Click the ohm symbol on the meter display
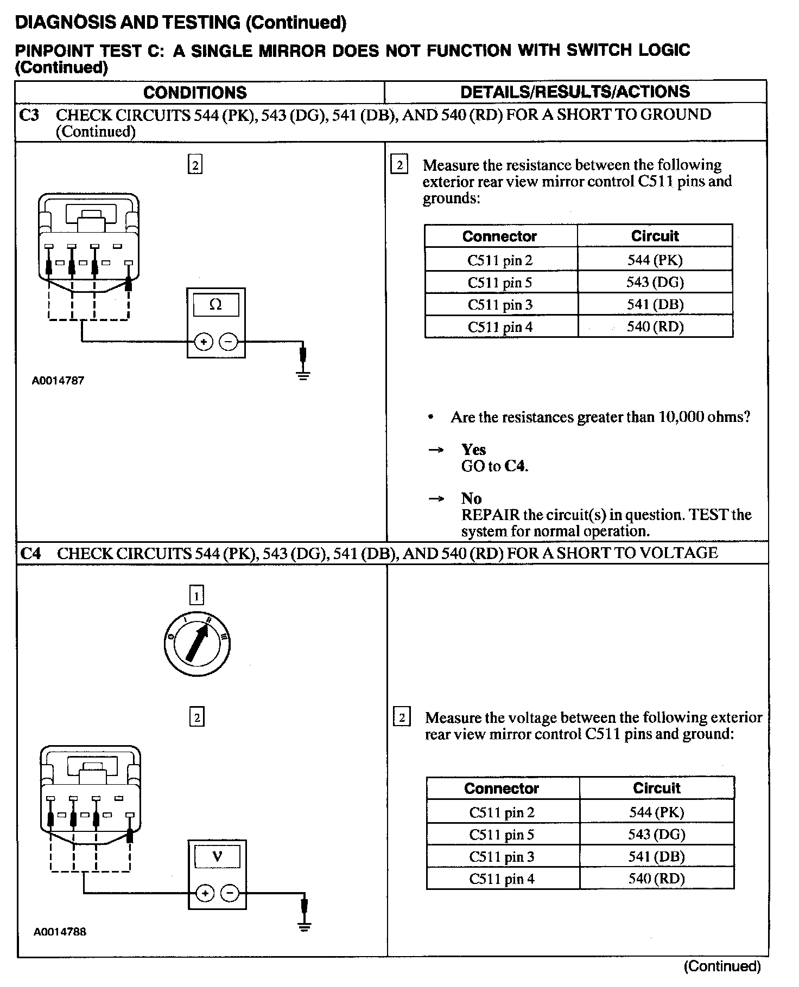215,305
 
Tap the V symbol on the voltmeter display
217,857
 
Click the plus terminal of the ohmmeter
204,342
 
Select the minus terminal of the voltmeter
230,893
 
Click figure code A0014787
58,381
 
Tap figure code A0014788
60,932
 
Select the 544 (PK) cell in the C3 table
655,260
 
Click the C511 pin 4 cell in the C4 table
502,879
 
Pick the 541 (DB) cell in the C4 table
656,857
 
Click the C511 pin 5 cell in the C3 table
500,282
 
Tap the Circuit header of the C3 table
655,236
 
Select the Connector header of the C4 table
502,788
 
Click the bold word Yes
473,449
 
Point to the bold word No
471,498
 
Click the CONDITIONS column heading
195,93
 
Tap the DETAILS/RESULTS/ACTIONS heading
575,92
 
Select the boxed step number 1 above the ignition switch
196,596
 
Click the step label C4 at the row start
30,553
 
